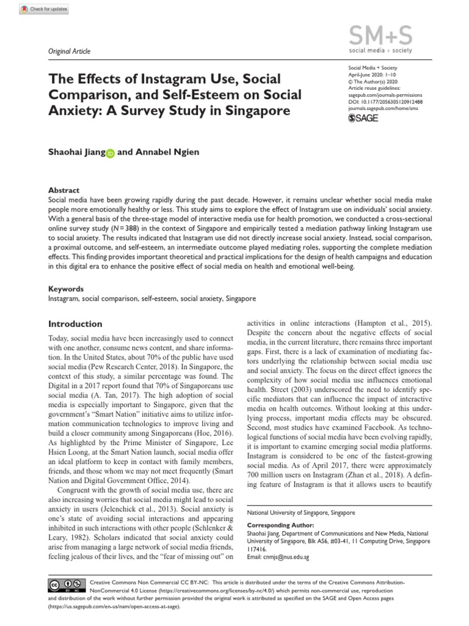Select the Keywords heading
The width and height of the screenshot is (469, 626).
pos(66,288)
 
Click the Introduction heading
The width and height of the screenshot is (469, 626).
pos(75,323)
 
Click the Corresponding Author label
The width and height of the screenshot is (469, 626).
pos(281,525)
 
